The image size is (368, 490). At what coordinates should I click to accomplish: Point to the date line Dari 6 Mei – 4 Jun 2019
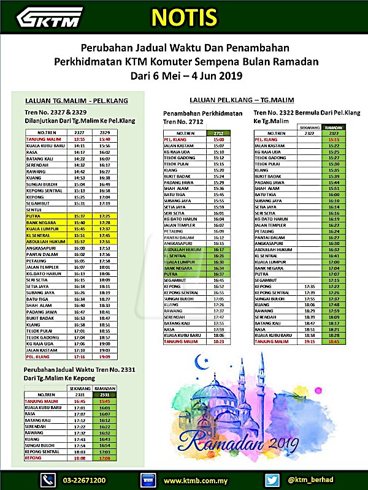point(186,77)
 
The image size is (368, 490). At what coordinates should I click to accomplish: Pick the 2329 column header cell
point(104,132)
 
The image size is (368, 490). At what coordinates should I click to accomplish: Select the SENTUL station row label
point(34,209)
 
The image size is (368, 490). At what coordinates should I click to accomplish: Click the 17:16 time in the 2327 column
point(79,356)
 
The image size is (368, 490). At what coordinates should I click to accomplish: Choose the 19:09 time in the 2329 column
point(104,356)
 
